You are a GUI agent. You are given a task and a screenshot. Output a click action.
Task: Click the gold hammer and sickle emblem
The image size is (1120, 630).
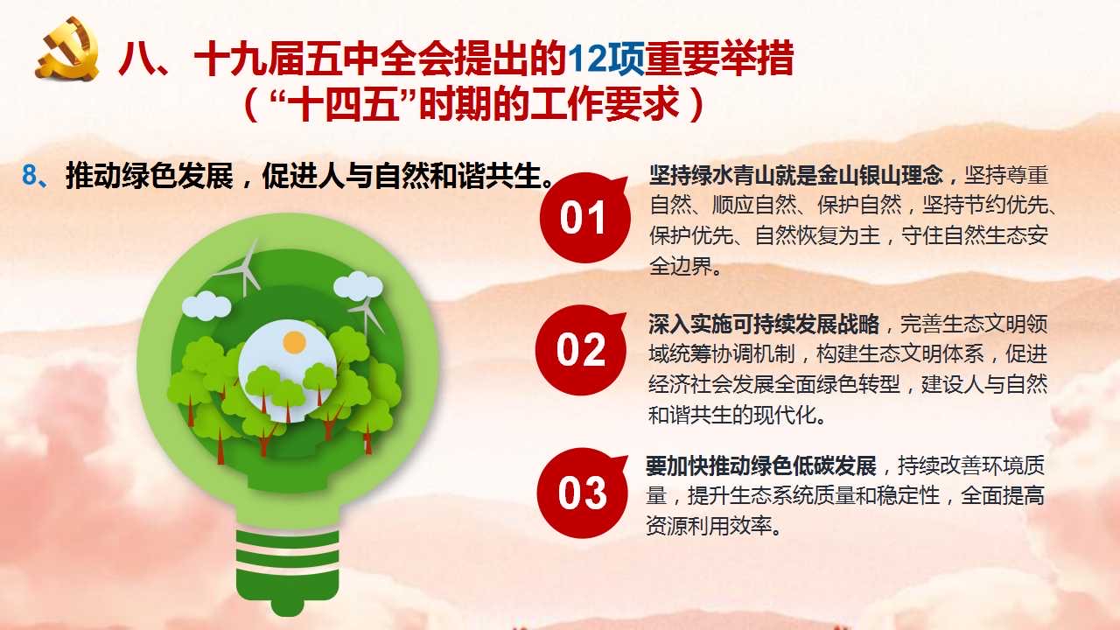pos(67,49)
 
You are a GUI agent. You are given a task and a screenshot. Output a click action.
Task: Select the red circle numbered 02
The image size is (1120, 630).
pos(580,350)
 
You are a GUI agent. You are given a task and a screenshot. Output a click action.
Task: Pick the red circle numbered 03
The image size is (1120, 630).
pos(582,493)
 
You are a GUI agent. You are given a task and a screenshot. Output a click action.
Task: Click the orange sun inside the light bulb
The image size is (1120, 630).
pos(294,343)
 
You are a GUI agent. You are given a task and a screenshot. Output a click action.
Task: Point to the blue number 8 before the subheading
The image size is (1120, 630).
pos(29,176)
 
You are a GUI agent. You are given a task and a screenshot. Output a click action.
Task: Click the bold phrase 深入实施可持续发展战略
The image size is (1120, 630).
pos(764,325)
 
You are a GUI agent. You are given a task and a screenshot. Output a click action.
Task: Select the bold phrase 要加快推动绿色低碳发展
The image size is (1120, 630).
pos(761,466)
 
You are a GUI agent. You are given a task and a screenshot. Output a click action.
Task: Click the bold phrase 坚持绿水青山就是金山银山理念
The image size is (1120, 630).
pos(795,176)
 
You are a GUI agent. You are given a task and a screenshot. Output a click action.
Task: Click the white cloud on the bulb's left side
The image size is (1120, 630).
pos(206,305)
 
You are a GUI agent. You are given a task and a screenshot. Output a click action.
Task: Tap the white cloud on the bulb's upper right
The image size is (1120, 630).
pos(358,286)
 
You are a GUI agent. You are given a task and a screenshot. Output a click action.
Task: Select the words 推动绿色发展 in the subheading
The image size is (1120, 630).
pos(150,176)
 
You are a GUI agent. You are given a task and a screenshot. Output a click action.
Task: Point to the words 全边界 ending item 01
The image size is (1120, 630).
pos(681,266)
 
